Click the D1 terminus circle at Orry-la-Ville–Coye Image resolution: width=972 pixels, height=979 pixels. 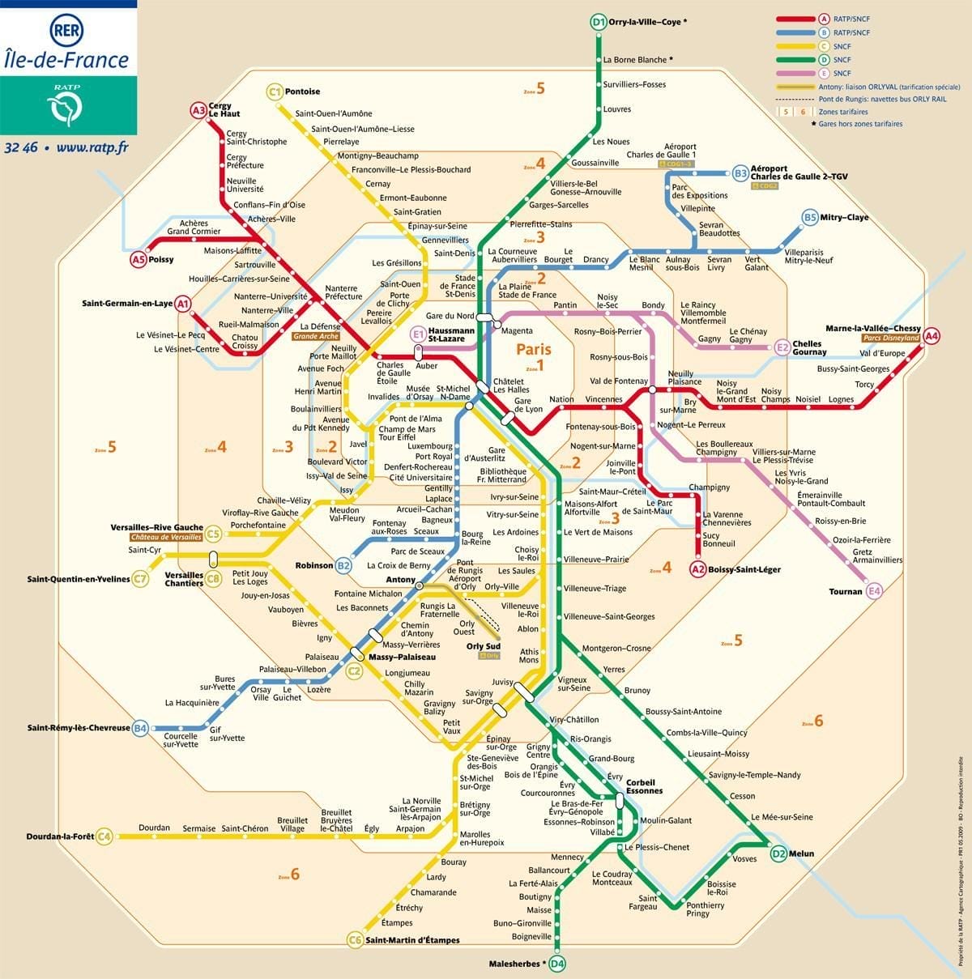tap(598, 23)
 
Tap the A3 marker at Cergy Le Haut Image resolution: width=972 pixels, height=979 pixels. tap(198, 110)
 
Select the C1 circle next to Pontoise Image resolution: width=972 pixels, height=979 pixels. tap(275, 92)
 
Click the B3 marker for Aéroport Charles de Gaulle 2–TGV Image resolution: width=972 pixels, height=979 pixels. tap(740, 172)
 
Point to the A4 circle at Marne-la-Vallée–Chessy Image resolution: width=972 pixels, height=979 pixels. tap(932, 335)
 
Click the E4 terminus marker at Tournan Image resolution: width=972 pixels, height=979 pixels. tap(874, 591)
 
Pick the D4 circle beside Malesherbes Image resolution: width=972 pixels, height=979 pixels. tap(557, 964)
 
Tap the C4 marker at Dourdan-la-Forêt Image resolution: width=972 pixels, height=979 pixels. tap(104, 837)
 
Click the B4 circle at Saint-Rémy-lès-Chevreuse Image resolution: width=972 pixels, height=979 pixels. tap(141, 728)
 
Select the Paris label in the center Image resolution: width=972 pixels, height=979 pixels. tap(534, 349)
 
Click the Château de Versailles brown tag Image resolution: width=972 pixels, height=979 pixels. tap(166, 538)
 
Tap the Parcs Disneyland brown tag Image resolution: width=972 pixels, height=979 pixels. tap(891, 338)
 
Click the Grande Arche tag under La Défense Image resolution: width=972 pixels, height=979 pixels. tap(316, 336)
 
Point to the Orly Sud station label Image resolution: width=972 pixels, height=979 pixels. tap(483, 646)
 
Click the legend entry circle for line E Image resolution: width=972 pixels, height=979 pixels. tap(824, 73)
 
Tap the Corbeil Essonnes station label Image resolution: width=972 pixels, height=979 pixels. tap(644, 786)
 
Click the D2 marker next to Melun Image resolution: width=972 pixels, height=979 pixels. tap(778, 853)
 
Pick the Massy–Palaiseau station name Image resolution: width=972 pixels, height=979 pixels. tap(402, 657)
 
